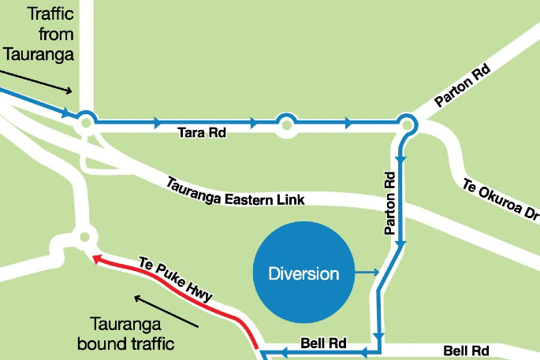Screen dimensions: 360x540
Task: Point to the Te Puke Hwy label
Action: (176, 278)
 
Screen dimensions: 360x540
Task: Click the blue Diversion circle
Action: (304, 274)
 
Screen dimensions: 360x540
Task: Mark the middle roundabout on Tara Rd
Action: (285, 123)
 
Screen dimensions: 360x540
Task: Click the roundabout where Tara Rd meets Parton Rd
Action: (407, 124)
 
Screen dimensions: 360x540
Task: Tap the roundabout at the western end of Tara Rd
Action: (84, 122)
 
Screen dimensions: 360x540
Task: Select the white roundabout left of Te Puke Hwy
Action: (84, 236)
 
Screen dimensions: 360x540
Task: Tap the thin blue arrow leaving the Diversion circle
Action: (367, 273)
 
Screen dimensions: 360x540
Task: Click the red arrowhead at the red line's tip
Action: (95, 258)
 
